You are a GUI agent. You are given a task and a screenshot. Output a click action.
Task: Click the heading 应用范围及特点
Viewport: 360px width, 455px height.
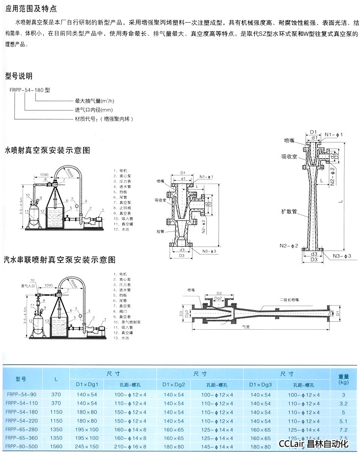pyautogui.click(x=30, y=9)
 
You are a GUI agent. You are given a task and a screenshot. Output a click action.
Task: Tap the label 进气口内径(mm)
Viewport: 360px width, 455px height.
pyautogui.click(x=94, y=110)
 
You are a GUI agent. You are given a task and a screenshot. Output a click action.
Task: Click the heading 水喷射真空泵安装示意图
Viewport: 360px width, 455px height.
pyautogui.click(x=47, y=150)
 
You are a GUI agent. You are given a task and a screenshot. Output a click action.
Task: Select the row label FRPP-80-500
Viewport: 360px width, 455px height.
pyautogui.click(x=20, y=446)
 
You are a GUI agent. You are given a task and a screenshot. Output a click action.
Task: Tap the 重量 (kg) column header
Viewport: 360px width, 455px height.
pyautogui.click(x=344, y=379)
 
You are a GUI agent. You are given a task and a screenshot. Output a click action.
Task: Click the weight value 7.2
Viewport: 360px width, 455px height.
pyautogui.click(x=344, y=429)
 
